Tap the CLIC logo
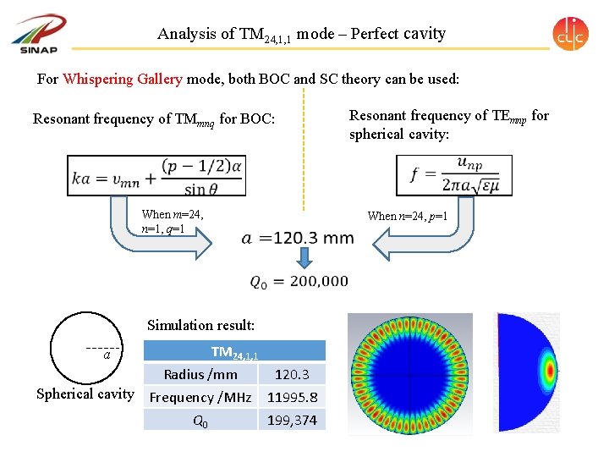point(570,33)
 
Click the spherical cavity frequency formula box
point(454,175)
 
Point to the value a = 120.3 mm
point(298,239)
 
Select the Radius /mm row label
point(200,375)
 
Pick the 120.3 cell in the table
point(292,375)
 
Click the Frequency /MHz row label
point(200,397)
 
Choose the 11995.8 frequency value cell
point(292,397)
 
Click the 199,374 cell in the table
point(292,420)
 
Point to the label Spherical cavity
point(85,394)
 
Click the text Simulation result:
point(200,325)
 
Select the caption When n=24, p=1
point(407,217)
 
